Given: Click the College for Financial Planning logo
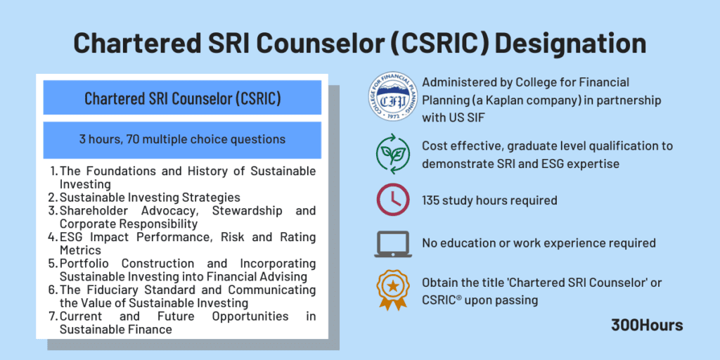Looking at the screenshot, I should (392, 101).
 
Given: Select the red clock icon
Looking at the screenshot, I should (392, 200).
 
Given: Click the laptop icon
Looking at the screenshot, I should (392, 243).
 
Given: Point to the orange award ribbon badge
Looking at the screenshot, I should (392, 290).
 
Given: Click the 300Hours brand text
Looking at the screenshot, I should (646, 325).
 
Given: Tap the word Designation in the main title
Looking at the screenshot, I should (571, 44).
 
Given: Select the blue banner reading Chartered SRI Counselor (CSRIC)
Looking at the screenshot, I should (182, 98).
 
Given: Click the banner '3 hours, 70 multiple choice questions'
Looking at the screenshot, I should (182, 139).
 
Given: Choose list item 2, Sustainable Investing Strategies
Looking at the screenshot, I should (149, 198).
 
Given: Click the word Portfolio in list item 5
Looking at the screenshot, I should (84, 264).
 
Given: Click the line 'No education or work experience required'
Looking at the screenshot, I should (539, 243).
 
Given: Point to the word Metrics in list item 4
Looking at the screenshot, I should (80, 250).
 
